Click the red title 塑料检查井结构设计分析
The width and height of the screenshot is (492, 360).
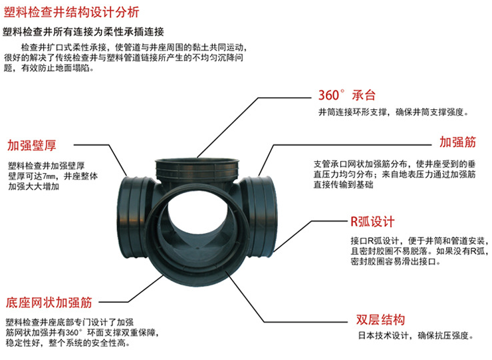click(71, 12)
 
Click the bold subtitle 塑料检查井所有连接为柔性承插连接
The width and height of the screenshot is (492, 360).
click(84, 32)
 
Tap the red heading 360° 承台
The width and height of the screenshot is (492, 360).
click(346, 95)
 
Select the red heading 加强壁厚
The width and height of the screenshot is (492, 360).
click(32, 145)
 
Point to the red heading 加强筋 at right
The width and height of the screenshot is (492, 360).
click(457, 142)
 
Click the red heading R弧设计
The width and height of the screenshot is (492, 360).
click(372, 222)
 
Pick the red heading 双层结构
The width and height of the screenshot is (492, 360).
click(380, 319)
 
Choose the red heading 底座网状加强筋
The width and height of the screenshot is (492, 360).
click(49, 302)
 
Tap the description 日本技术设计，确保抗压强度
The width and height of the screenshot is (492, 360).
click(416, 335)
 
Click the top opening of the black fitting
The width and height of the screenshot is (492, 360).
click(197, 164)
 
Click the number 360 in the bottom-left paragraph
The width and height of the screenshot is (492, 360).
click(72, 332)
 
